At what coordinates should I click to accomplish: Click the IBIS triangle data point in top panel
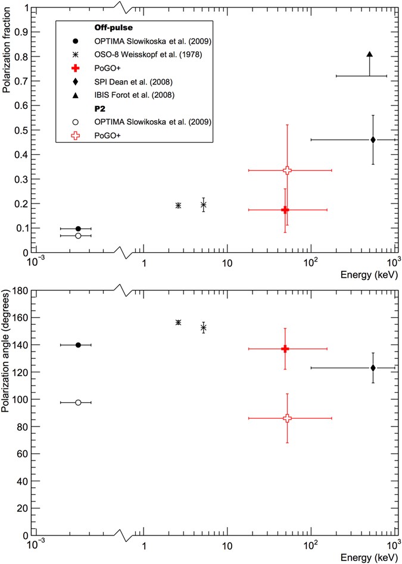(x=370, y=55)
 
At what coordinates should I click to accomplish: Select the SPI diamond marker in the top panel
(x=373, y=140)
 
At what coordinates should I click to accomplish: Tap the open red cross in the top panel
(x=287, y=170)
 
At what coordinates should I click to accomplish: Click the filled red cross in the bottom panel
(x=285, y=349)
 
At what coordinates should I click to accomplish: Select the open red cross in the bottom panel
(x=287, y=418)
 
